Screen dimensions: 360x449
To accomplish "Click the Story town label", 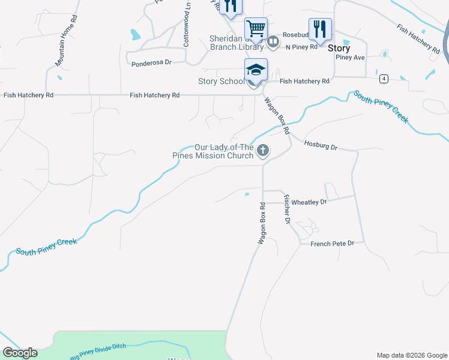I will (x=339, y=48).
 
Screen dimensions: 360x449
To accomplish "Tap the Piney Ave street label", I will (x=351, y=58).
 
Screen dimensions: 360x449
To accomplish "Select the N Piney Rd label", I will (x=301, y=47).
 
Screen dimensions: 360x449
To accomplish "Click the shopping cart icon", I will (x=256, y=28).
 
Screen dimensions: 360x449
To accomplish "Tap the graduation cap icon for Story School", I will (x=256, y=70).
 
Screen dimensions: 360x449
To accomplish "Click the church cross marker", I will (x=262, y=151).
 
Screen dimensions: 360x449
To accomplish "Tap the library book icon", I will (x=273, y=41).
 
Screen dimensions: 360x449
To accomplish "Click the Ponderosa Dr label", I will (x=151, y=62).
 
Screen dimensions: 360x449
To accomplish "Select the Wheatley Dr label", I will (x=309, y=203).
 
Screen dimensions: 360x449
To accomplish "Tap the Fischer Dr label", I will (x=287, y=210).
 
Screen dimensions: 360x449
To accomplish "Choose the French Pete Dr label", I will (x=333, y=244).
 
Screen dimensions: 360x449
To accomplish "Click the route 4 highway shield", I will (x=382, y=79).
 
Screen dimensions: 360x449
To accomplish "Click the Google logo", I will (x=19, y=353).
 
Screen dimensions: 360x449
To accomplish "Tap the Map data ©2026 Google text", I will (x=411, y=355).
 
